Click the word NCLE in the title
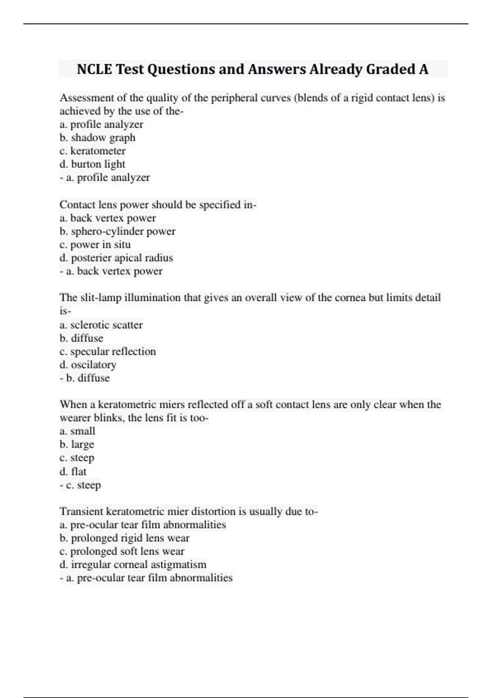point(94,69)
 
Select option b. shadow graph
point(98,138)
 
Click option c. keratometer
point(93,151)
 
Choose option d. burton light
point(92,164)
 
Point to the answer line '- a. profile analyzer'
point(105,177)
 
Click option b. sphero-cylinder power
point(118,231)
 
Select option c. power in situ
point(95,245)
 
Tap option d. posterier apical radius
point(116,258)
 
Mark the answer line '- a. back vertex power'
point(111,271)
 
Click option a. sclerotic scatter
point(101,325)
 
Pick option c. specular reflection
point(108,351)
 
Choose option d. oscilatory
point(88,365)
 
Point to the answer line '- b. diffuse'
point(85,378)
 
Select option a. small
point(77,431)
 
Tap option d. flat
point(73,471)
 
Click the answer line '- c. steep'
point(80,485)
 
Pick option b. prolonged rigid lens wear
point(125,538)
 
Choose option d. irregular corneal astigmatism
point(133,565)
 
